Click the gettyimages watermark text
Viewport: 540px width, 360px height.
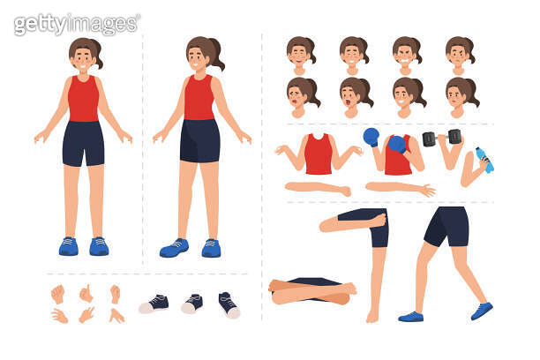(x=77, y=23)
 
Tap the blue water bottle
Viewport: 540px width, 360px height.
(x=484, y=160)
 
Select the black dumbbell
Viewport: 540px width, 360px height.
(x=441, y=138)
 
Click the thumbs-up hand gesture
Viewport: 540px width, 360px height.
(x=86, y=293)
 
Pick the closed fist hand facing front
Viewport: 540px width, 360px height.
(x=58, y=293)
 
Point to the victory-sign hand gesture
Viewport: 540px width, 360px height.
(x=86, y=314)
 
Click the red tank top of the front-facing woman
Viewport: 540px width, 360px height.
(x=83, y=99)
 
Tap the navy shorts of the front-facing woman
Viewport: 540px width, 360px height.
(x=83, y=143)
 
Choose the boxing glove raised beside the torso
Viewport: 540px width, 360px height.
(x=371, y=137)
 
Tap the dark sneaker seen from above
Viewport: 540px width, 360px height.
(x=228, y=304)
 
